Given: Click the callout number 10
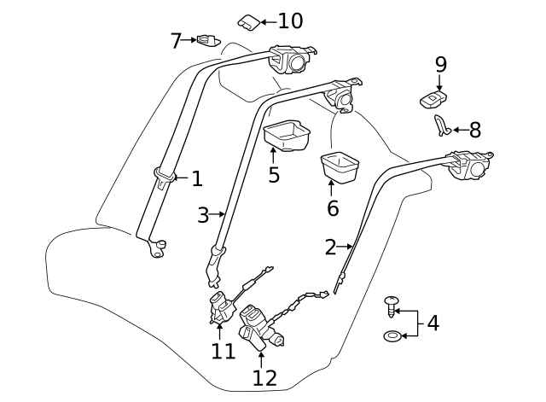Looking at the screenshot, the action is pyautogui.click(x=290, y=20).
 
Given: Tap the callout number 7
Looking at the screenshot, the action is pyautogui.click(x=176, y=41).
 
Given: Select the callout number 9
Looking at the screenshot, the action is pyautogui.click(x=440, y=65).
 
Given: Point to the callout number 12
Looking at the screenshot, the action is pyautogui.click(x=264, y=378).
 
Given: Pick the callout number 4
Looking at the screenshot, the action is pyautogui.click(x=433, y=323).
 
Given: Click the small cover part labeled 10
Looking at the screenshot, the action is pyautogui.click(x=248, y=23).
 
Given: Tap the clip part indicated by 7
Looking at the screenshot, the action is pyautogui.click(x=208, y=40).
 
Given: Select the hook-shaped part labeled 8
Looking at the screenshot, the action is pyautogui.click(x=440, y=125).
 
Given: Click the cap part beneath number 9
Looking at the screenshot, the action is pyautogui.click(x=433, y=99).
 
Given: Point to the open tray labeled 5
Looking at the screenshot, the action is pyautogui.click(x=287, y=135).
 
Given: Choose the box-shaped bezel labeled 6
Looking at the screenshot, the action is pyautogui.click(x=340, y=167).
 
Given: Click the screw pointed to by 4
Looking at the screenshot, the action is pyautogui.click(x=391, y=306).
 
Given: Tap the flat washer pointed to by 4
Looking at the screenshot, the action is pyautogui.click(x=392, y=336).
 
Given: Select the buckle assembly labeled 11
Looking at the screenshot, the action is pyautogui.click(x=223, y=306).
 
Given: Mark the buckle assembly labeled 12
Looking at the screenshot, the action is pyautogui.click(x=259, y=328).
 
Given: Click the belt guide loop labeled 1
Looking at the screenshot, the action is pyautogui.click(x=164, y=175).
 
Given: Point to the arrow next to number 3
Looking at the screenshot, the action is pyautogui.click(x=218, y=214).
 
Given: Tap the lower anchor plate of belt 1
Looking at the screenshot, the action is pyautogui.click(x=157, y=248).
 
